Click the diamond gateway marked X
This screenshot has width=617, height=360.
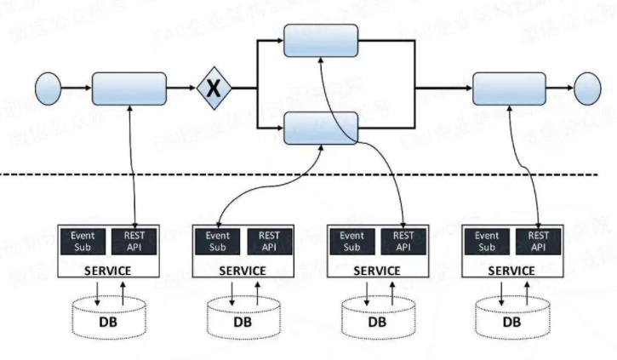click(214, 88)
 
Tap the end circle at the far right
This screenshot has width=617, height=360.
click(588, 87)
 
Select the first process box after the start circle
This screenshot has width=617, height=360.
click(129, 88)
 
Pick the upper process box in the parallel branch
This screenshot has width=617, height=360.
click(320, 42)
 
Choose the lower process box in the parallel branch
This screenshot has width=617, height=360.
click(320, 128)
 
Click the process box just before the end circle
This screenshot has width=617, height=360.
click(509, 88)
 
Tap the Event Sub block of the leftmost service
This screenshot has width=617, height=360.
click(83, 242)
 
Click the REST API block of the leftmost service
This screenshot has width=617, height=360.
click(134, 242)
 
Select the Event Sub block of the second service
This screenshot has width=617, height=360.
click(219, 242)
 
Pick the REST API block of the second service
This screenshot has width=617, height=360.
click(270, 242)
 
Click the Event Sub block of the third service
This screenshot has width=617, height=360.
click(351, 242)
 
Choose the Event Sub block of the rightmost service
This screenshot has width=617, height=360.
click(487, 242)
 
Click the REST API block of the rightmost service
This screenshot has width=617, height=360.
click(538, 242)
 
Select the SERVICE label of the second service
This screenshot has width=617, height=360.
click(243, 271)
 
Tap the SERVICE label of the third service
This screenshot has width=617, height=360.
click(376, 271)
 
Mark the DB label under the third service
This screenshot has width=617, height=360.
click(376, 323)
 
